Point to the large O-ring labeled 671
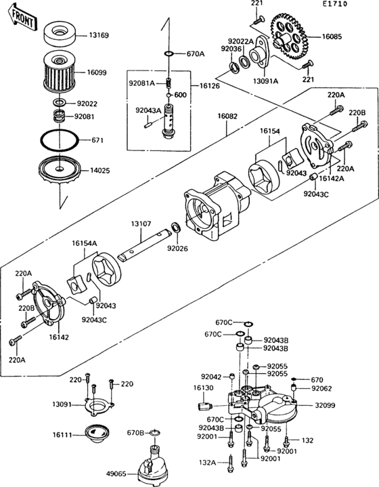(x=59, y=141)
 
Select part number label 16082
(x=227, y=117)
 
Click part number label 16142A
(x=332, y=179)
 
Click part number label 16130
(x=204, y=388)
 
